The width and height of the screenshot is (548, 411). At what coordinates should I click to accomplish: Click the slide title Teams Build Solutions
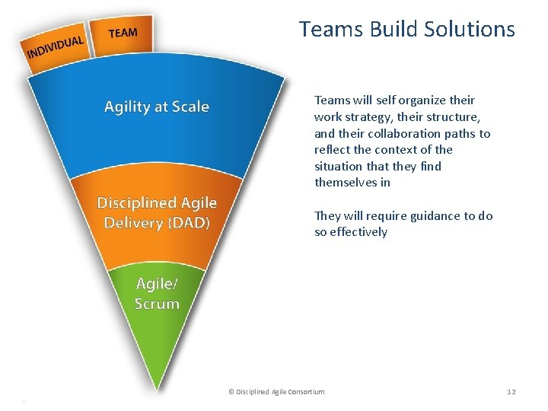(406, 30)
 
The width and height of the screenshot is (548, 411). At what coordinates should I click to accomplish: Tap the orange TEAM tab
(123, 33)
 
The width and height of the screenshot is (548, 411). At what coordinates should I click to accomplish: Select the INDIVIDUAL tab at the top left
(55, 47)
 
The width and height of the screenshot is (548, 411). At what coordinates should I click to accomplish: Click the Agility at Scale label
(156, 107)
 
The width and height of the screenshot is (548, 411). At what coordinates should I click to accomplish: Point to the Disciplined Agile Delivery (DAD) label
(157, 212)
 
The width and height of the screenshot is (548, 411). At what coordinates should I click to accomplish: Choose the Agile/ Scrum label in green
(157, 294)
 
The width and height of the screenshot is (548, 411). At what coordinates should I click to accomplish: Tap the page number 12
(511, 391)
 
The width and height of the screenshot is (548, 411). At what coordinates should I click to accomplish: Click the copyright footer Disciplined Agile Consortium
(276, 391)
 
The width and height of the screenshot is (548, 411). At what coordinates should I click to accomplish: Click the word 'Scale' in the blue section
(191, 107)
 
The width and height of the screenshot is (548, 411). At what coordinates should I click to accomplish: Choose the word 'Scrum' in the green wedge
(157, 304)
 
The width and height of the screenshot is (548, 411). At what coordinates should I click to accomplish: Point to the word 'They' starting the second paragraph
(327, 215)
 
